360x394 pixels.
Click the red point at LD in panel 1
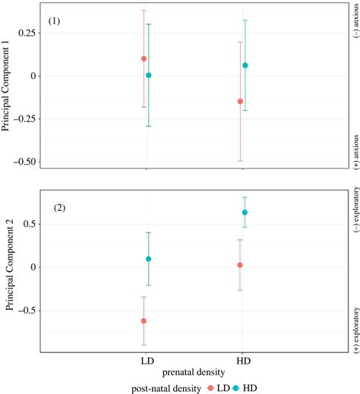144,58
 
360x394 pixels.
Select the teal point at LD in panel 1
149,75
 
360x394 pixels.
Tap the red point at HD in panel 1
240,101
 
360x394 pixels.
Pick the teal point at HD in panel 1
245,65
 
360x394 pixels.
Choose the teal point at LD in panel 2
149,259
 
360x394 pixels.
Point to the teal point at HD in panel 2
245,213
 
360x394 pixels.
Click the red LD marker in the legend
210,387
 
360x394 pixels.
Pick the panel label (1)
55,20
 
